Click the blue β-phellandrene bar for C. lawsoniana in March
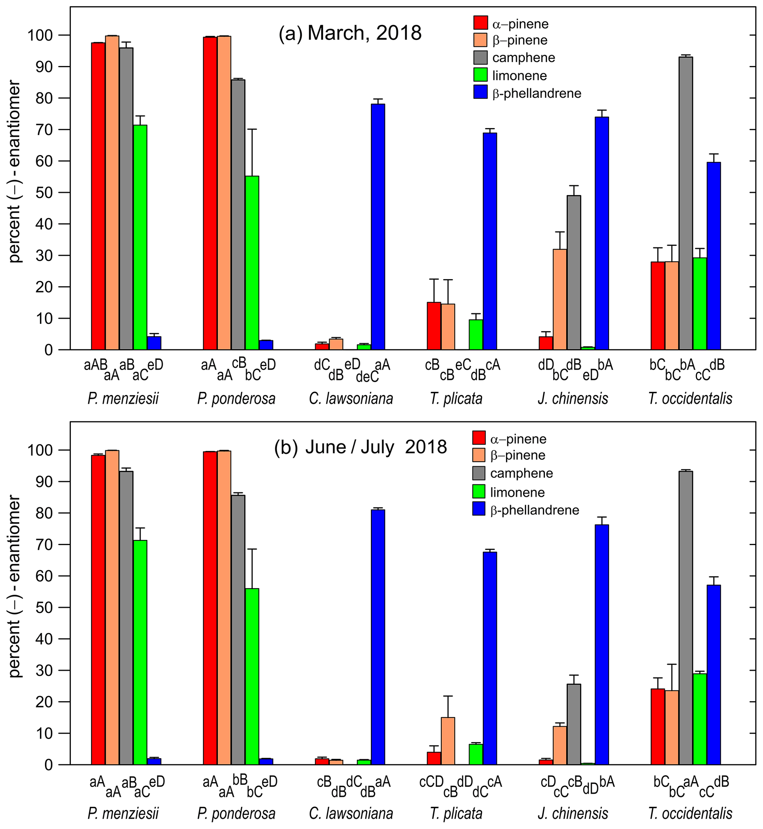[378, 227]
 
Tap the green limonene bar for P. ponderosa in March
[252, 263]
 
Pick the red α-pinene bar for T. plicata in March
[434, 326]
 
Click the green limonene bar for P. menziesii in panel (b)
[140, 652]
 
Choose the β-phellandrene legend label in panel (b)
[535, 510]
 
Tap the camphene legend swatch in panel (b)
[479, 473]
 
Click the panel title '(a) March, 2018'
[350, 33]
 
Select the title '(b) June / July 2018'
[360, 447]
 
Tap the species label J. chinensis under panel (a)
[573, 398]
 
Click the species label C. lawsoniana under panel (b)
[351, 813]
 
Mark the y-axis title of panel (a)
[15, 172]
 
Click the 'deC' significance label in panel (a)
[367, 376]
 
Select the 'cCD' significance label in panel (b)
[432, 781]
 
